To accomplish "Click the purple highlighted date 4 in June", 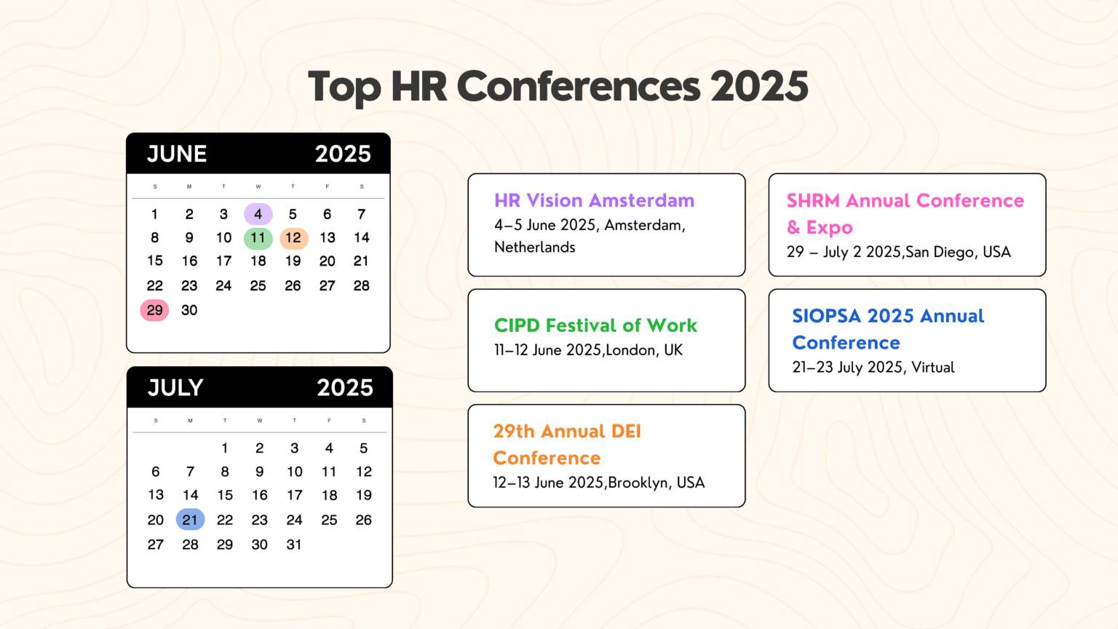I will pos(258,214).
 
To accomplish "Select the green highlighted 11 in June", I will pos(258,238).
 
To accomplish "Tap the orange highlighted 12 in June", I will pos(293,238).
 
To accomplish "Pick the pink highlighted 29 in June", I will pos(154,310).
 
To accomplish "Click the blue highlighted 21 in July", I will pos(190,520).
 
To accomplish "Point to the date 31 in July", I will pos(294,545).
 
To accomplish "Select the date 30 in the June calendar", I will pos(189,310).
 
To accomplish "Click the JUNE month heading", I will pos(177,154).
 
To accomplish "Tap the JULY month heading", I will pos(175,388).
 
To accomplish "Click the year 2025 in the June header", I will pos(343,154).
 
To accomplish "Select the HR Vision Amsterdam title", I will pos(594,200).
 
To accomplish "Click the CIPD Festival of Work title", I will pos(595,325).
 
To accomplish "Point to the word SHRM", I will pos(813,200).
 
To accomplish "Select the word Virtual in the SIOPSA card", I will pos(932,368).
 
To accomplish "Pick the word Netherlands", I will pos(535,248).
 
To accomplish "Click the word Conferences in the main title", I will pos(579,87).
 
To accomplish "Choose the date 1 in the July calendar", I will pos(225,448).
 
